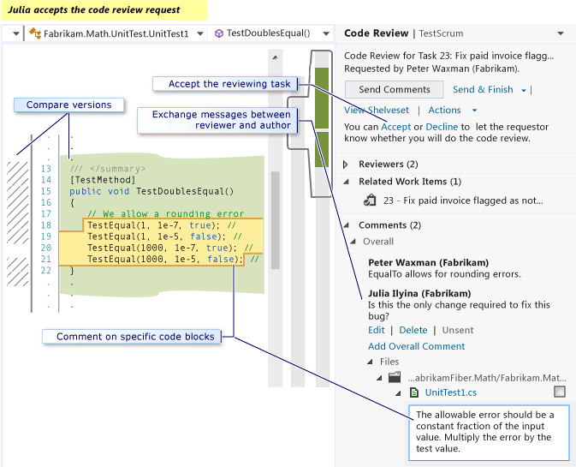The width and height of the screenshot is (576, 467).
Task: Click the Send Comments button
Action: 394,90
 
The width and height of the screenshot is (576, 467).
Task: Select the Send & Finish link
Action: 483,90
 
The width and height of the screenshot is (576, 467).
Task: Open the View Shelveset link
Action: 376,111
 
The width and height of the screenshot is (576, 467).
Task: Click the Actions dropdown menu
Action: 452,111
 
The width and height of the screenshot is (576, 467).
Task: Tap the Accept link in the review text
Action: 396,127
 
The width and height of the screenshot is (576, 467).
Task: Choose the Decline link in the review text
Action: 442,127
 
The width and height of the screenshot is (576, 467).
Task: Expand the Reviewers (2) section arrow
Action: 346,165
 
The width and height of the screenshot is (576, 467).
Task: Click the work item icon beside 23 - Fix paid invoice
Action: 370,201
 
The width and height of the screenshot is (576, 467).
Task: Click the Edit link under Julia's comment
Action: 376,330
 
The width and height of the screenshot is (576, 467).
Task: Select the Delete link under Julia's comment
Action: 413,330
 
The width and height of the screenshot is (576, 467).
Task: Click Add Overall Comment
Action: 416,346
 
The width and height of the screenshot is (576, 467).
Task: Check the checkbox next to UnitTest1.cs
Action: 560,392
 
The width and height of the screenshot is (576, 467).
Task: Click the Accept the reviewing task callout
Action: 225,84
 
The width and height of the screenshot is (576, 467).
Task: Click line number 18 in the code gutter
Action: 45,225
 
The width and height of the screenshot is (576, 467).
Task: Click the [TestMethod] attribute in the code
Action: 102,180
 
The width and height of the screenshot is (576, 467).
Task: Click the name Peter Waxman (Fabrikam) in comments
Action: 428,262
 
